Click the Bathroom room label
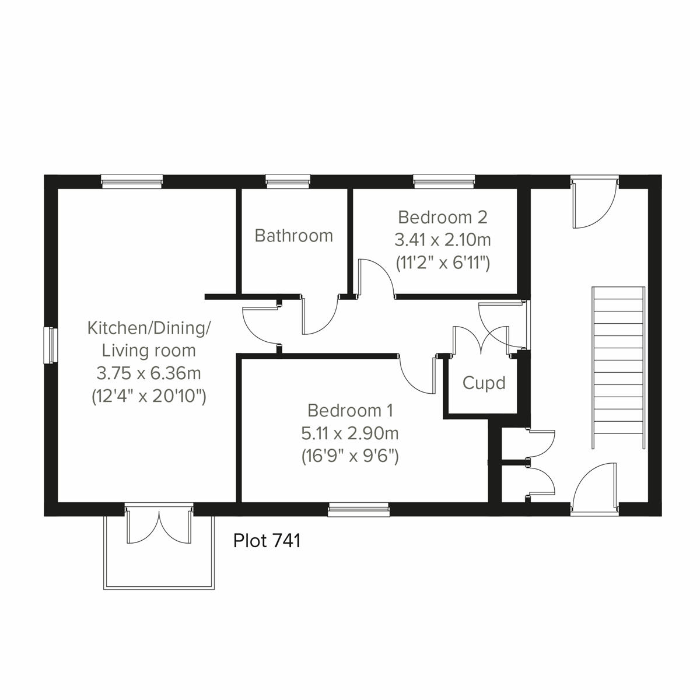pos(293,236)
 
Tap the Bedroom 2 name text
pos(442,218)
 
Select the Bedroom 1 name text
pos(350,411)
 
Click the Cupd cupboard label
pos(484,383)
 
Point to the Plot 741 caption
pos(267,541)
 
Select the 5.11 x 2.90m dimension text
pos(350,433)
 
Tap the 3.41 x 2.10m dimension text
pos(442,240)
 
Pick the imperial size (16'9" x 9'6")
pos(350,456)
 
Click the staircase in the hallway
pos(618,367)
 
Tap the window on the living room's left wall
pos(51,345)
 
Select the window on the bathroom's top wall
pos(286,182)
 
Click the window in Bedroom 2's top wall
pos(444,182)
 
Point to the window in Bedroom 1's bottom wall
pos(358,510)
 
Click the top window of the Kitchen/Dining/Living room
pos(131,182)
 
